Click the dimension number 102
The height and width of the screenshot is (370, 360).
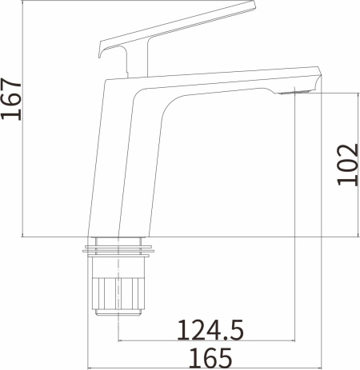(346, 164)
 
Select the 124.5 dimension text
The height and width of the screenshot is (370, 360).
(210, 328)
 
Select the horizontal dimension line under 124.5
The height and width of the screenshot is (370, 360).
(208, 342)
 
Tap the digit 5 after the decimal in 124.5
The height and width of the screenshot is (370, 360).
(236, 328)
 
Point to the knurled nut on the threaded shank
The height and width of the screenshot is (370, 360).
(120, 296)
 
